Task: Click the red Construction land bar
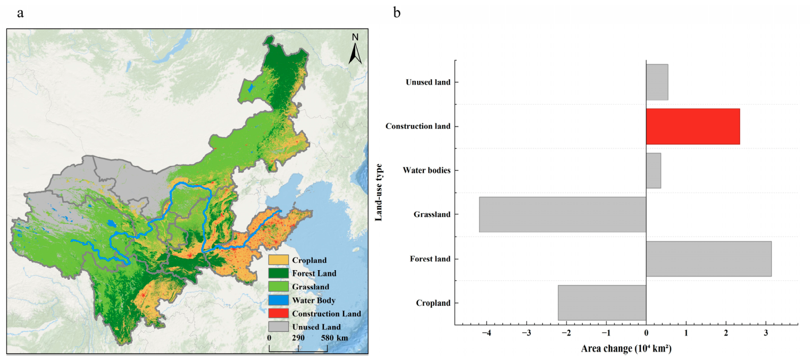[693, 127]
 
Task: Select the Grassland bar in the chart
[563, 214]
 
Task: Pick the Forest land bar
[708, 258]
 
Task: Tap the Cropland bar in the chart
[602, 303]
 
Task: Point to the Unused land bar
[657, 82]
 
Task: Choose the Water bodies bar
[654, 171]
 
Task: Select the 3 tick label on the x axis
[766, 333]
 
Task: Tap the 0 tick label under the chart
[646, 333]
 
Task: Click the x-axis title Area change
[626, 348]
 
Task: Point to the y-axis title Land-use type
[379, 192]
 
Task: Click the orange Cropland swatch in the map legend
[279, 259]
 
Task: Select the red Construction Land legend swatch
[279, 313]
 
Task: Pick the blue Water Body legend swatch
[279, 300]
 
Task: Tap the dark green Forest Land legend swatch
[279, 273]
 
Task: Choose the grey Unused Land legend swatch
[279, 326]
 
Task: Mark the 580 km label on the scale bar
[334, 338]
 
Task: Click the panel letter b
[397, 13]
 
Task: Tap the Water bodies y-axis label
[427, 170]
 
